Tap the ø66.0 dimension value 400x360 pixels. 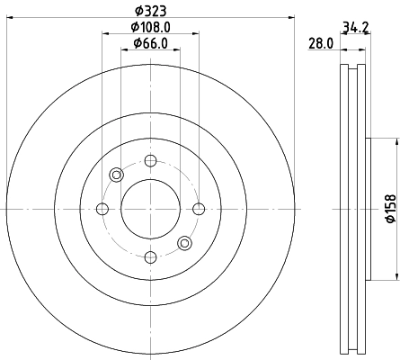click(151, 43)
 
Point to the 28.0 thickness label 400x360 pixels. click(320, 42)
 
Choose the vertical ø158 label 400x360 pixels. click(390, 209)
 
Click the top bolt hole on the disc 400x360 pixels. click(150, 160)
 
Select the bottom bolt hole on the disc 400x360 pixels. click(150, 258)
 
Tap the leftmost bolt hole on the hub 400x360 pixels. click(102, 209)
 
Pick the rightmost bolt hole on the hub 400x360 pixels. click(200, 209)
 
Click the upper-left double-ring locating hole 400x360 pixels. click(116, 175)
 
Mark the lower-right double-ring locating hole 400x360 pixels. click(185, 243)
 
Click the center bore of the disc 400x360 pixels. click(150, 209)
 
